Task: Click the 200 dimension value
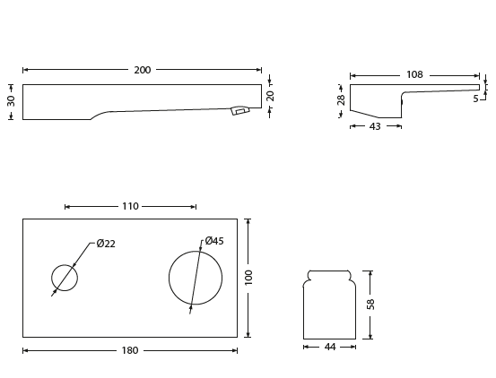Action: tap(143, 70)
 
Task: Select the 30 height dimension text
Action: tap(12, 101)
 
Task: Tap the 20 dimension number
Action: tap(270, 96)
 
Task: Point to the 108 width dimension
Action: tap(414, 75)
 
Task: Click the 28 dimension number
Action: tap(342, 100)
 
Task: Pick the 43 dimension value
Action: tap(375, 126)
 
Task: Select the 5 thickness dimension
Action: tap(476, 99)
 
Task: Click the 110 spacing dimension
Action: tap(130, 206)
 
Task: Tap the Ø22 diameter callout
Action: tap(106, 244)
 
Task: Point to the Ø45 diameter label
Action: tap(214, 241)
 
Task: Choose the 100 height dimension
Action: tap(248, 278)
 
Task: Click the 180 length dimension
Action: tap(130, 350)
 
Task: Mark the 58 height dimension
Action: tap(370, 305)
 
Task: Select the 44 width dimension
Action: tap(330, 347)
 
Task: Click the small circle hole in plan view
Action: tap(65, 278)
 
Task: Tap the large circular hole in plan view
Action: tap(196, 278)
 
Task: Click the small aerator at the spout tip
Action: tap(239, 111)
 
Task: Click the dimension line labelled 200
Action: tap(72, 70)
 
